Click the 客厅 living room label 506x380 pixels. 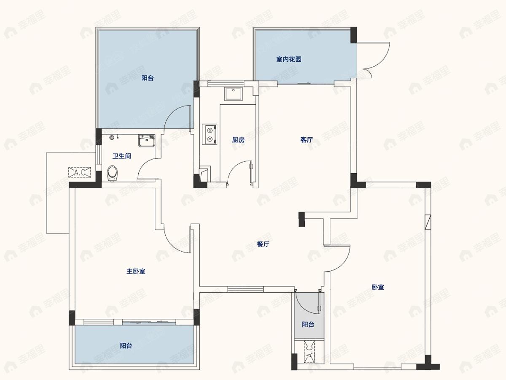(307, 140)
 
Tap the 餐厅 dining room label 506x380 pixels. (263, 244)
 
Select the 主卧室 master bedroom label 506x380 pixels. (136, 271)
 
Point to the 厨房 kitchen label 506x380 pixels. (238, 140)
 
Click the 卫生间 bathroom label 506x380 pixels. (122, 156)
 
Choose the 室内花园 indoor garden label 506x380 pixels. (289, 59)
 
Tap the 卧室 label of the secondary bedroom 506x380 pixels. (378, 287)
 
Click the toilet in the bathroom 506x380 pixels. (113, 174)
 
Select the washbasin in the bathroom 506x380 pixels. (147, 141)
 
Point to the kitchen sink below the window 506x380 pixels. (233, 94)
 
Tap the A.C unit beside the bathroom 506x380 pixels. (80, 172)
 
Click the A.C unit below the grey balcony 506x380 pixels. (309, 352)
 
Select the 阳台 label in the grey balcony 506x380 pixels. (308, 324)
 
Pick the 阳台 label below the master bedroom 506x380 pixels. (126, 346)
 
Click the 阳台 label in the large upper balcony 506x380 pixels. (148, 78)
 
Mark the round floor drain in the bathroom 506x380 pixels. (112, 137)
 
